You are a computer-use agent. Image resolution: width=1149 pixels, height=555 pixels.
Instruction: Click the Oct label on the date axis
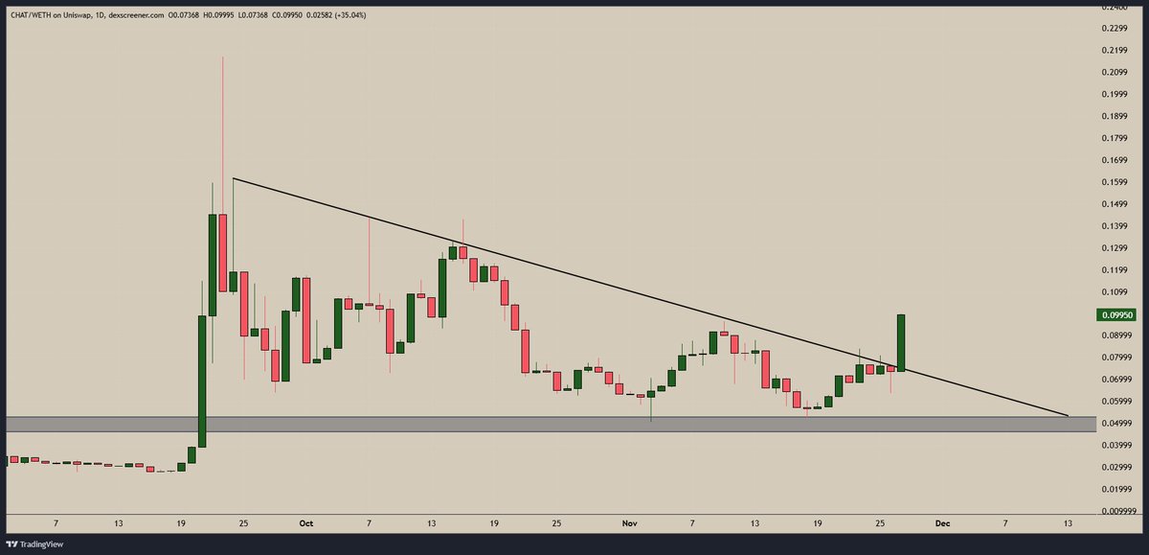[306, 524]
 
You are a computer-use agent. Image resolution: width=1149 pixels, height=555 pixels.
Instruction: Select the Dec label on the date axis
[943, 524]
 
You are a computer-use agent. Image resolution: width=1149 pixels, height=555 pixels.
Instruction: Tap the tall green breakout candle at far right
[901, 342]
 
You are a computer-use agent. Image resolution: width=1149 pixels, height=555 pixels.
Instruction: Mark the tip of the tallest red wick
[223, 58]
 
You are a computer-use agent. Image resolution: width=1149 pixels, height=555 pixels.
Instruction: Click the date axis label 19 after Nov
[818, 524]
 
